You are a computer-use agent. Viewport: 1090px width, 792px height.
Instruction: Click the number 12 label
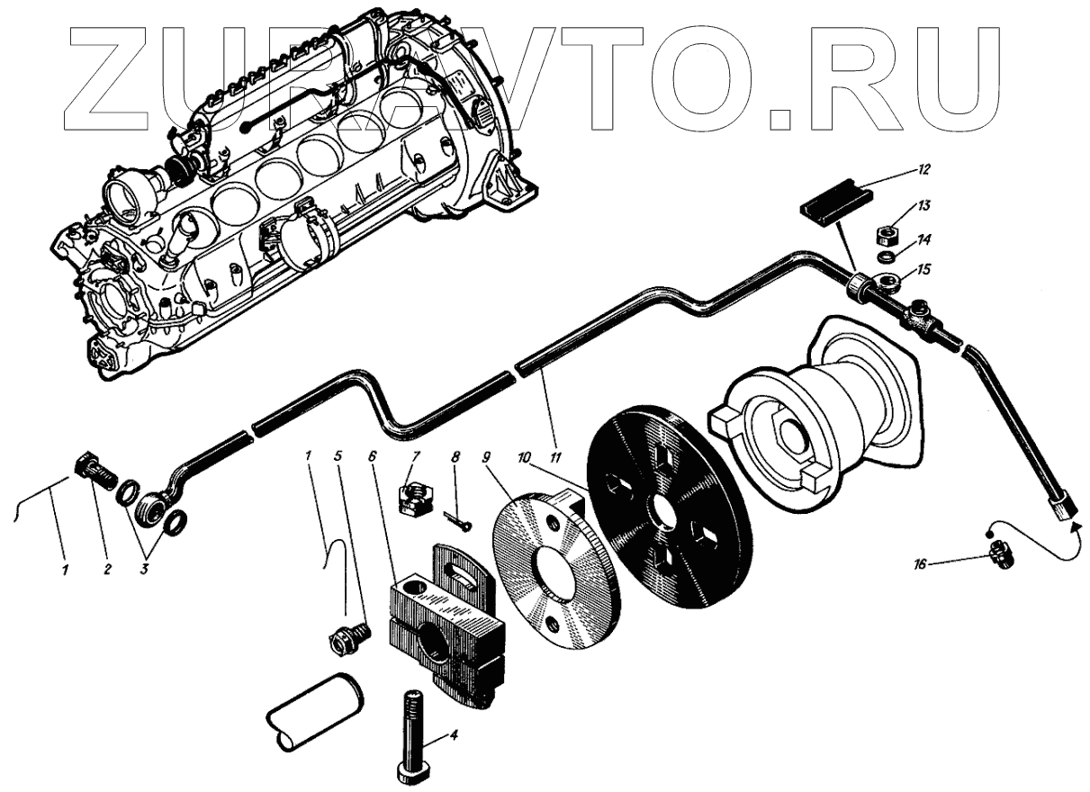924,168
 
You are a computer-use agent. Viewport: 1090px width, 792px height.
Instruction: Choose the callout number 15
923,269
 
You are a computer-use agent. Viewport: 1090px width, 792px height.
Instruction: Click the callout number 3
143,569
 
